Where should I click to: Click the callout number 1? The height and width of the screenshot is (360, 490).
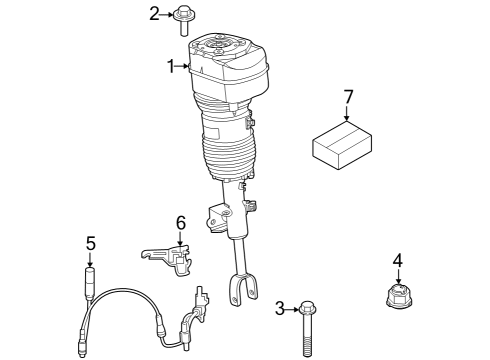click(171, 66)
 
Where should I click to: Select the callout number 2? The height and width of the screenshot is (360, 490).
click(155, 13)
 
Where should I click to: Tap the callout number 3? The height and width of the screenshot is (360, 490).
click(281, 308)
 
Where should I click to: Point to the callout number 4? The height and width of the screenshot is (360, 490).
click(397, 261)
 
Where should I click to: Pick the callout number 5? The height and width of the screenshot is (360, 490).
click(90, 243)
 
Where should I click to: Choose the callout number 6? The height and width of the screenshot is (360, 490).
click(181, 222)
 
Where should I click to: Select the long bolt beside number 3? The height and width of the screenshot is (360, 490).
click(305, 325)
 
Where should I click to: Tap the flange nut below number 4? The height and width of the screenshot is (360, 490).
click(398, 297)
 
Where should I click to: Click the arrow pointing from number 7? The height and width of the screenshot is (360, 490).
click(348, 115)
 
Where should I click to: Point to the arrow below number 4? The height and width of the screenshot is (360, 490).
click(397, 276)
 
